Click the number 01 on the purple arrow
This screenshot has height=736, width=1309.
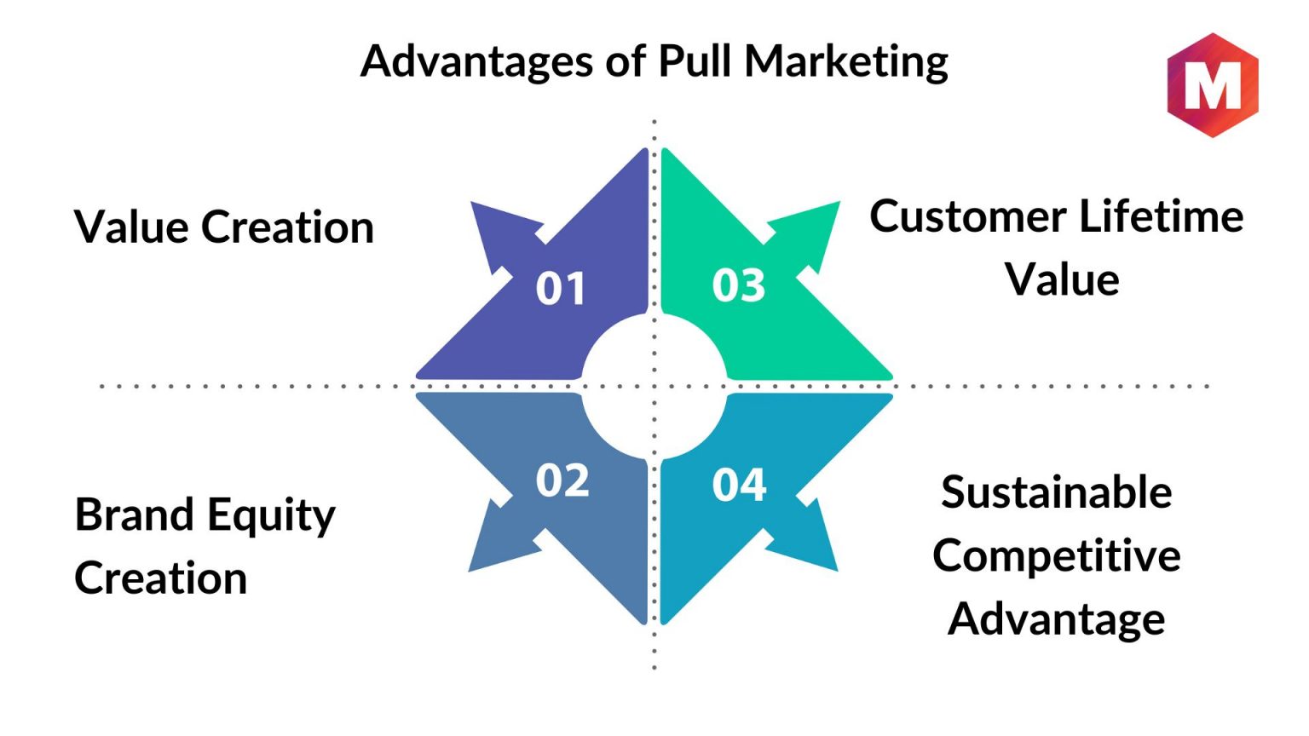pyautogui.click(x=561, y=288)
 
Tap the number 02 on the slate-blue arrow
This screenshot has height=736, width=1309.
pyautogui.click(x=562, y=481)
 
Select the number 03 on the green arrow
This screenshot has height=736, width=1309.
pyautogui.click(x=739, y=285)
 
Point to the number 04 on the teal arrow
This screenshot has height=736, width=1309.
pyautogui.click(x=739, y=485)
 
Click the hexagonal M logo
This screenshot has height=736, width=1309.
pyautogui.click(x=1212, y=85)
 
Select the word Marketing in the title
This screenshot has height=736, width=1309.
pyautogui.click(x=846, y=62)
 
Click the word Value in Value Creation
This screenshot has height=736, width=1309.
pyautogui.click(x=131, y=227)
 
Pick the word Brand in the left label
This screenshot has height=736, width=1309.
pyautogui.click(x=135, y=515)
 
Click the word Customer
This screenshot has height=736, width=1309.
pyautogui.click(x=968, y=216)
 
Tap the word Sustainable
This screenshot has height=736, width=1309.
pyautogui.click(x=1057, y=492)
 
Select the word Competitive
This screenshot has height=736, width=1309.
pyautogui.click(x=1057, y=556)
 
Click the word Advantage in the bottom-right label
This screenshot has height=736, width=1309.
pyautogui.click(x=1057, y=619)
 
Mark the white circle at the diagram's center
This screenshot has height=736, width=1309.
pyautogui.click(x=654, y=386)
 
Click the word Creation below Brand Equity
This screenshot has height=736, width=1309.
pyautogui.click(x=161, y=578)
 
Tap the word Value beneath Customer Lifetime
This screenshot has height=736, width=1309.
pyautogui.click(x=1062, y=279)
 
